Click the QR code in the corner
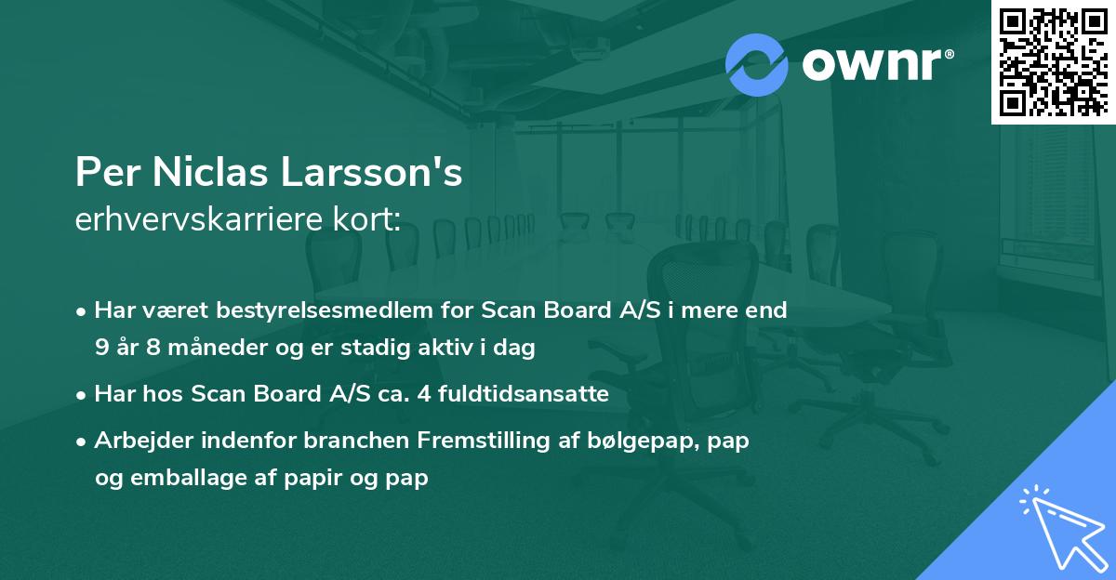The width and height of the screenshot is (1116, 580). (1054, 61)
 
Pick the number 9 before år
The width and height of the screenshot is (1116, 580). (101, 348)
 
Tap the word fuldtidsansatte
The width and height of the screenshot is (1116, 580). (529, 394)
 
